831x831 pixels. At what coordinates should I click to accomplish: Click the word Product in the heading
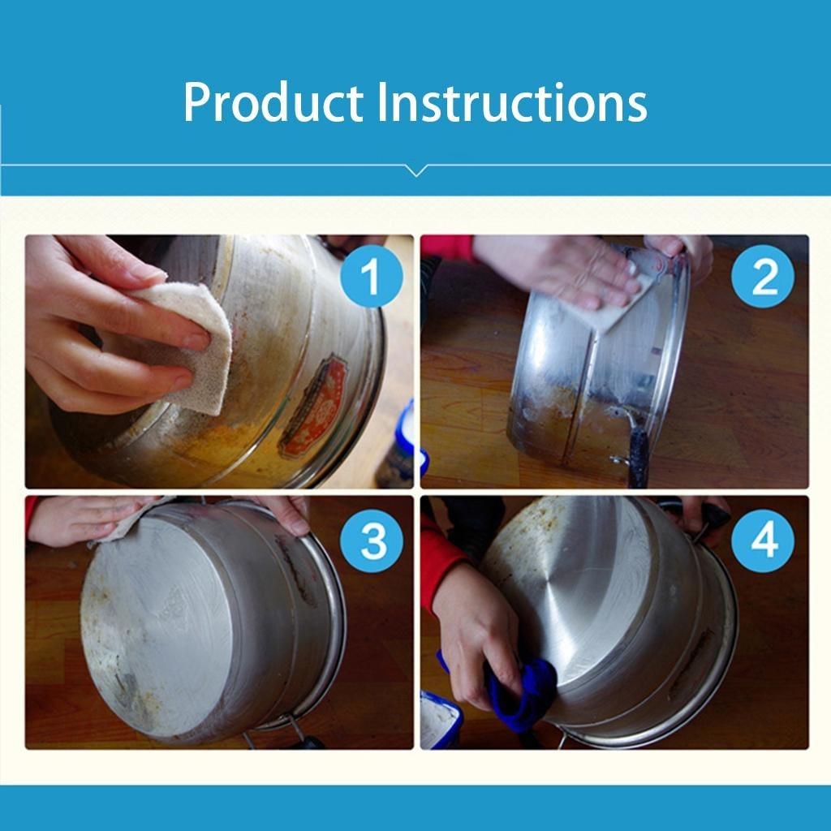coord(273,103)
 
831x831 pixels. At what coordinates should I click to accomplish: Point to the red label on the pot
coord(314,406)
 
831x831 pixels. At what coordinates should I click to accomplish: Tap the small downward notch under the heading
coord(415,170)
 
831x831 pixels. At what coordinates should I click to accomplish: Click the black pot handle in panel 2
coord(638,454)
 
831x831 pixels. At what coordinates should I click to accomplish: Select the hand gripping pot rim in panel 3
coord(284,513)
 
